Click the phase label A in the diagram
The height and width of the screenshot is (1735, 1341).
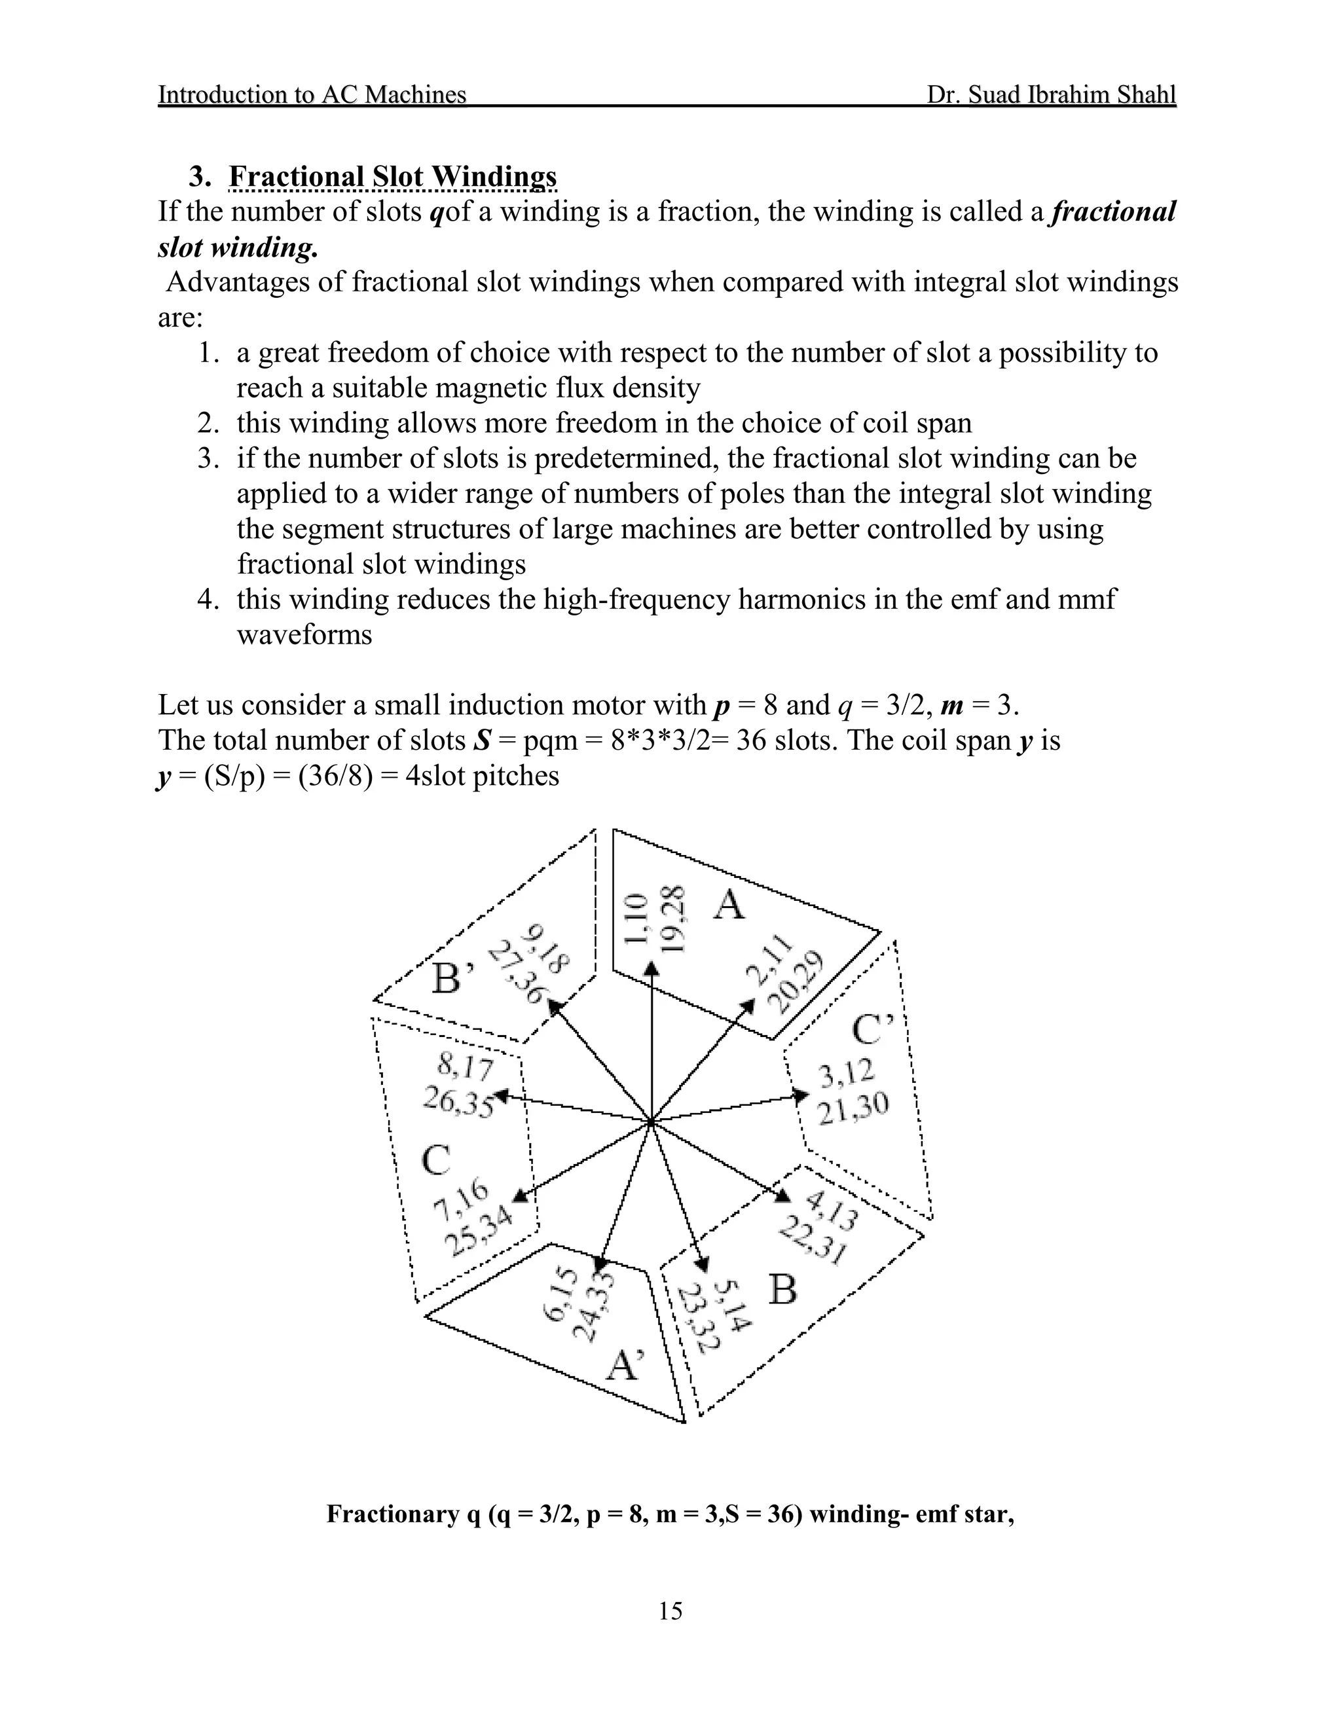point(729,904)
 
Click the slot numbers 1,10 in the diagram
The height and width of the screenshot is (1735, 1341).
point(636,919)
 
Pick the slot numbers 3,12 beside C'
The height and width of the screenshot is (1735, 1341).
point(846,1074)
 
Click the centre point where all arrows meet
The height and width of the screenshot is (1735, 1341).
point(652,1122)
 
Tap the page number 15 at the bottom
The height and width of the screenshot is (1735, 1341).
point(670,1611)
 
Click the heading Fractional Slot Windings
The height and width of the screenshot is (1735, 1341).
point(392,176)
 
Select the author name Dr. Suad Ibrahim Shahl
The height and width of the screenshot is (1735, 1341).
point(1050,94)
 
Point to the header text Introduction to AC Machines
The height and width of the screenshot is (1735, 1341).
point(312,94)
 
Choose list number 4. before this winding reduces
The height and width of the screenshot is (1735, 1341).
point(208,599)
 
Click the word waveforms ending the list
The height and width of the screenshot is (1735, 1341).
point(304,634)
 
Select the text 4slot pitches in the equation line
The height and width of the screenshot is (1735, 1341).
point(482,776)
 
